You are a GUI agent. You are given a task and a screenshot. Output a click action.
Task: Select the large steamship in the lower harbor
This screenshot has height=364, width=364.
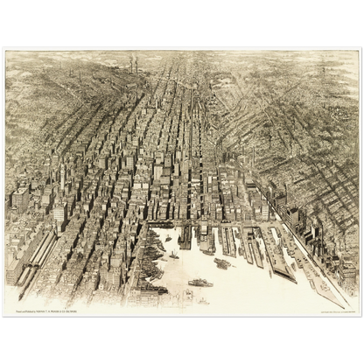coord(200,283)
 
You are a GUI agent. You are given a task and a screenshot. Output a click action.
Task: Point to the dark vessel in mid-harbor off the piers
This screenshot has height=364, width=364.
coord(222,262)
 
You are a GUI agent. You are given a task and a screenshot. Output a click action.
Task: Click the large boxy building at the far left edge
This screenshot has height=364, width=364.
coord(19,199)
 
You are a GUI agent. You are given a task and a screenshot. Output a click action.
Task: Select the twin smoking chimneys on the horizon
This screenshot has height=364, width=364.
coord(133,63)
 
